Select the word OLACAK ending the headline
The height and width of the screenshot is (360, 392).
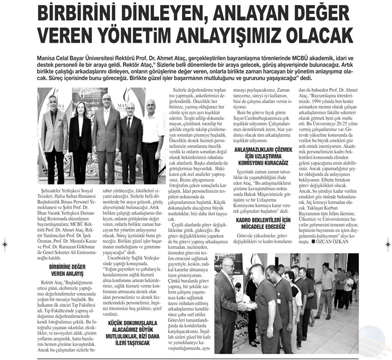324,38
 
